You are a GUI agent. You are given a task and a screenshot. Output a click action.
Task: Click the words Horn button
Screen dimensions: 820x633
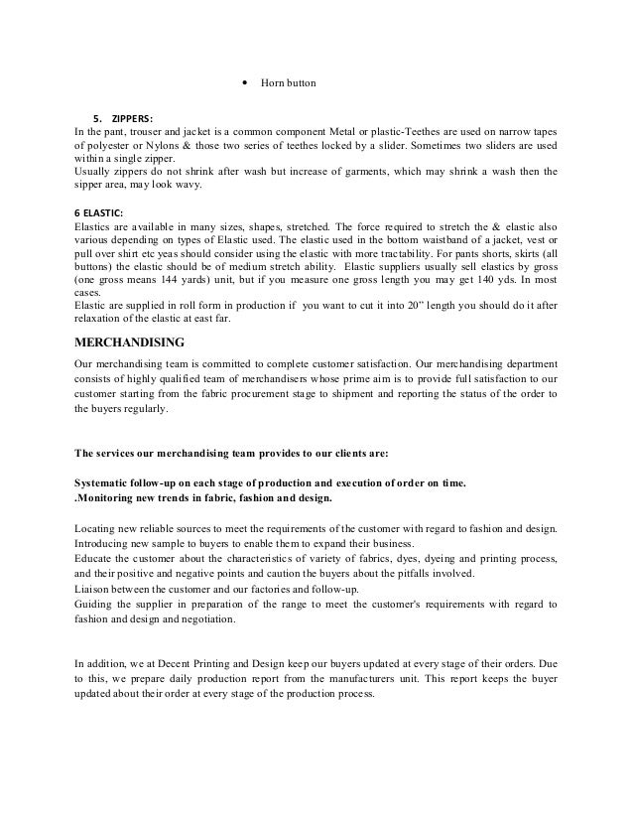click(288, 83)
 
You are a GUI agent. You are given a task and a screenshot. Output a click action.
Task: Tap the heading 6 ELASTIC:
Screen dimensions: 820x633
click(99, 212)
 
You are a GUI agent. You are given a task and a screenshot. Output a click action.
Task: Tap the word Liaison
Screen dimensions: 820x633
click(95, 590)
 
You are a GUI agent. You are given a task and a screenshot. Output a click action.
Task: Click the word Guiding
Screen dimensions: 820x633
click(95, 604)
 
